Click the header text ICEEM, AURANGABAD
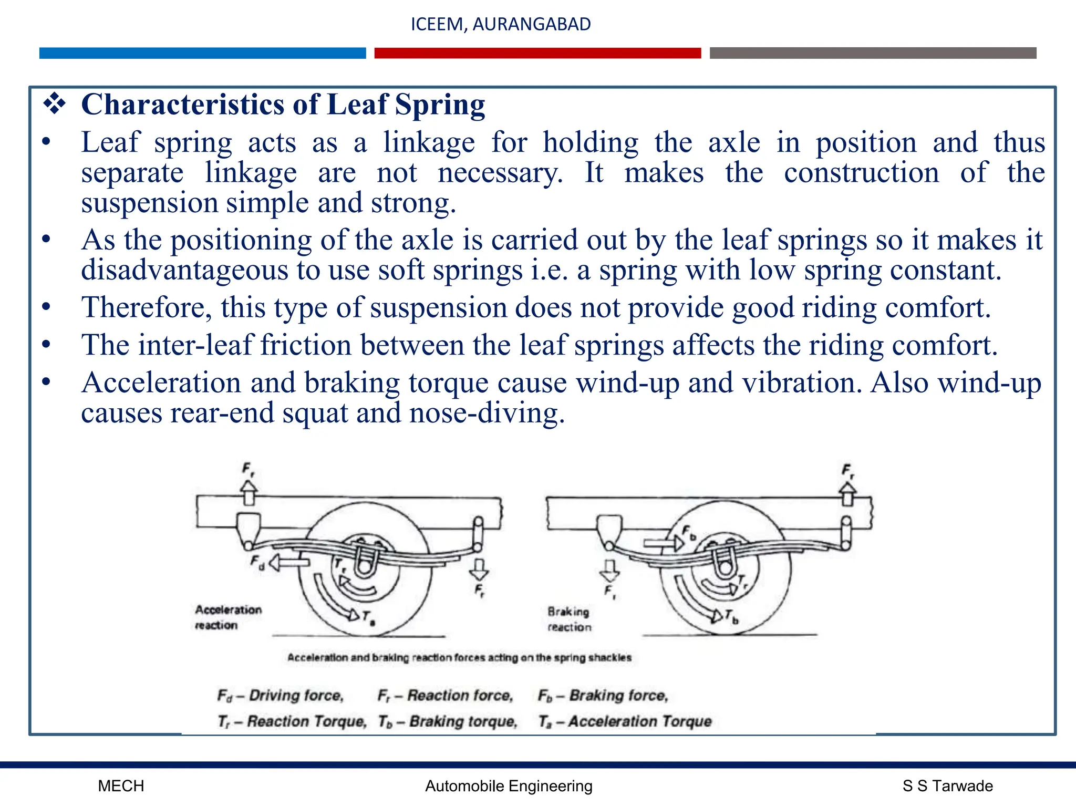[x=500, y=24]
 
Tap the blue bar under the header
[x=202, y=53]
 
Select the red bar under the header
[x=537, y=53]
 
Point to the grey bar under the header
[x=873, y=53]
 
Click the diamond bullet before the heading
[x=54, y=104]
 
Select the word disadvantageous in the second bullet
[x=184, y=270]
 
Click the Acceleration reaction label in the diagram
[x=227, y=617]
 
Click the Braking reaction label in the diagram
[x=568, y=619]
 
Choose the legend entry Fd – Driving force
[x=281, y=696]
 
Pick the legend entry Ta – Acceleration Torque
[x=625, y=721]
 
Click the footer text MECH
[x=121, y=786]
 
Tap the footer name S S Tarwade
[x=947, y=786]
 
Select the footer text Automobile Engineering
[x=509, y=786]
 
